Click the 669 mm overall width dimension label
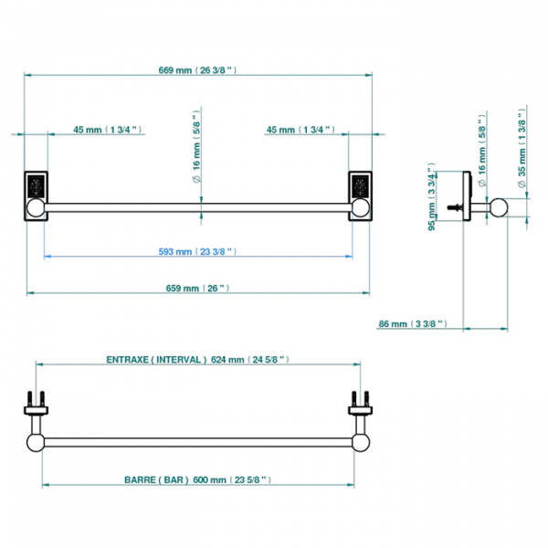pyautogui.click(x=196, y=69)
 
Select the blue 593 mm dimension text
pyautogui.click(x=195, y=250)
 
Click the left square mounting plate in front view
pyautogui.click(x=36, y=186)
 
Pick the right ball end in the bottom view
pyautogui.click(x=356, y=443)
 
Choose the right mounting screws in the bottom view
pyautogui.click(x=356, y=403)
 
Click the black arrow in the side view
pyautogui.click(x=454, y=208)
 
